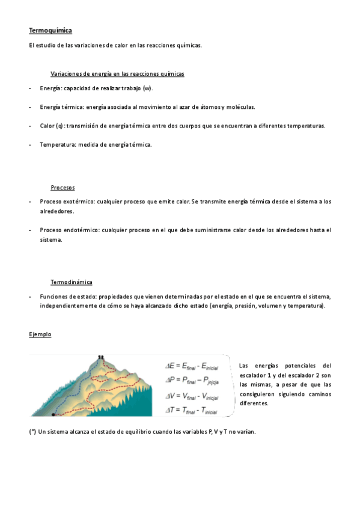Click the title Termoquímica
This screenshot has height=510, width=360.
(50, 30)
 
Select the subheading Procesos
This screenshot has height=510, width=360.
(63, 188)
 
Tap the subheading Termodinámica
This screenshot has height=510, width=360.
(72, 282)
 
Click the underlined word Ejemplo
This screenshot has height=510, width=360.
(40, 334)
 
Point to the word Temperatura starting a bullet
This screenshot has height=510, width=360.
(57, 144)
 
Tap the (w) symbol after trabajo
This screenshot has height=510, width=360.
(147, 88)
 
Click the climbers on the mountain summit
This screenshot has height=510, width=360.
(101, 357)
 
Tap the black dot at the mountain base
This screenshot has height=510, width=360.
(53, 414)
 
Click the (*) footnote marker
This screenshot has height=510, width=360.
(32, 432)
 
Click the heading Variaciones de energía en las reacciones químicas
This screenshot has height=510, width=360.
(117, 73)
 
